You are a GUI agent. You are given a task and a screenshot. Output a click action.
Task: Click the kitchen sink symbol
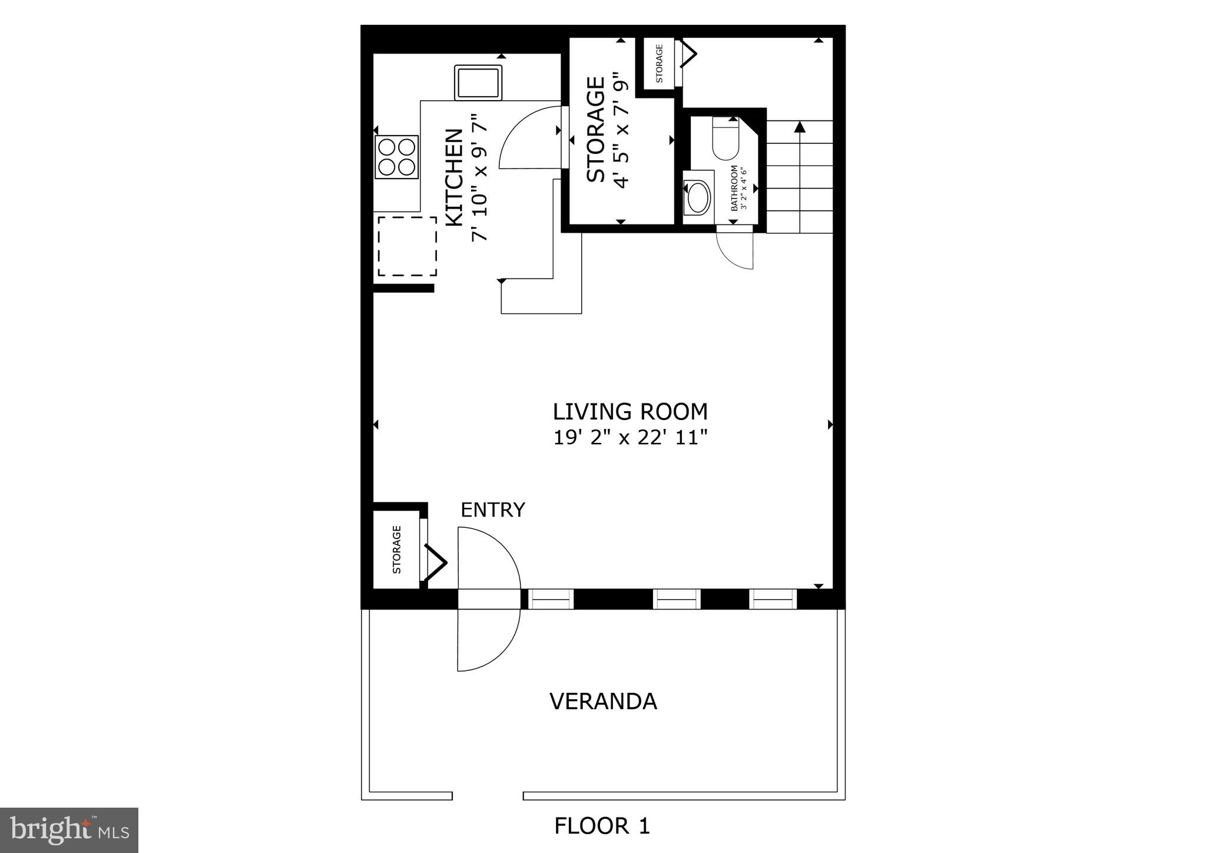[x=478, y=82]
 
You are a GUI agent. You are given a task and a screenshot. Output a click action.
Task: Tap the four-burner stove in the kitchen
[x=396, y=157]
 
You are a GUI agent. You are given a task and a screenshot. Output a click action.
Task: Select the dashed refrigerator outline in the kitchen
[x=407, y=246]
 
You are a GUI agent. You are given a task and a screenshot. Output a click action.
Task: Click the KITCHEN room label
[x=454, y=177]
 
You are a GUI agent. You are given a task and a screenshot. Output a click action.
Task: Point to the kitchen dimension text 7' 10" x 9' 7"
[x=481, y=177]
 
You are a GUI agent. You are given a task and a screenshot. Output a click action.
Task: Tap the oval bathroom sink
[x=699, y=197]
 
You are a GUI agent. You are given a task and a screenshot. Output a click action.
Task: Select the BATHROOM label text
[x=734, y=189]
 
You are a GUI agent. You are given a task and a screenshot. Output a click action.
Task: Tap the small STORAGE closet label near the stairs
[x=659, y=63]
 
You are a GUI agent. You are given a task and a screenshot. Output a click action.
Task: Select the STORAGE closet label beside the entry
[x=396, y=550]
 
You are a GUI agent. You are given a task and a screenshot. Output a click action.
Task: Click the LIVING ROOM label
[x=629, y=411]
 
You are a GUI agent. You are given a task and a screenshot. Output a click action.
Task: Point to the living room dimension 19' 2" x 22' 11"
[x=629, y=438]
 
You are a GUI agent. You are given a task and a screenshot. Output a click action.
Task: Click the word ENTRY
[x=492, y=510]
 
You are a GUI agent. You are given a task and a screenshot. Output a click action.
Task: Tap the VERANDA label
[x=603, y=701]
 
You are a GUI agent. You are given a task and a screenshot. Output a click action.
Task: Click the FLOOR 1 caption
[x=602, y=826]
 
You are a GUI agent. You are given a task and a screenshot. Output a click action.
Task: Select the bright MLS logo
[x=69, y=830]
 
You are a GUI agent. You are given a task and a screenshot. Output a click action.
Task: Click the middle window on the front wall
[x=677, y=599]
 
